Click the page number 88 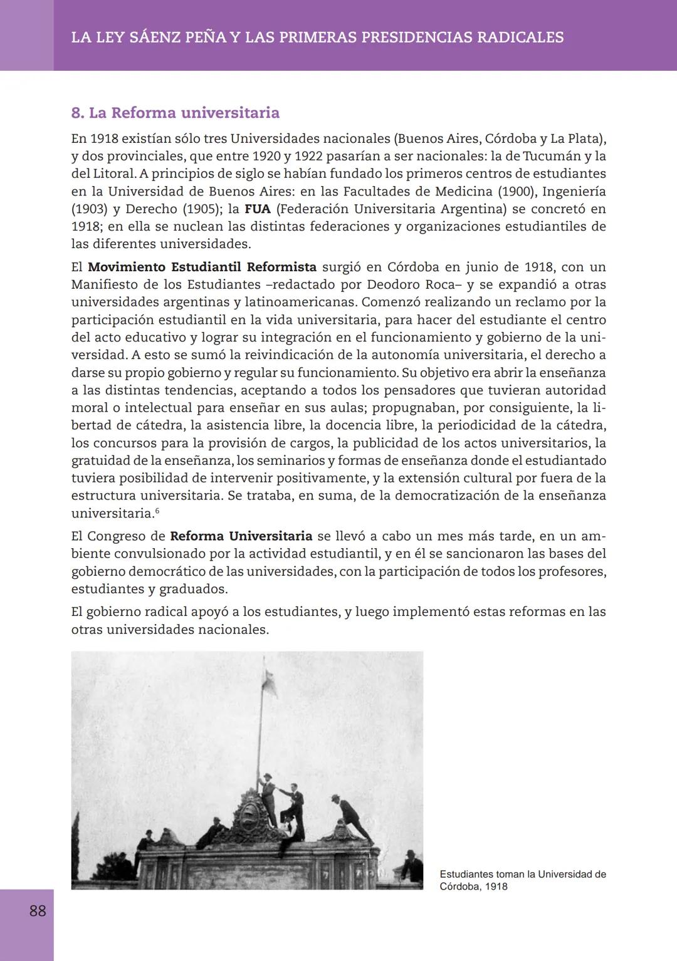pos(38,910)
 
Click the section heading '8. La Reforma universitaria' pos(175,113)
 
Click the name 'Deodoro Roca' pos(410,284)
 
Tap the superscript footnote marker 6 pos(157,511)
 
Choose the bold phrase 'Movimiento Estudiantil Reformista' pos(202,267)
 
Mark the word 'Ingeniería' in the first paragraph pos(574,191)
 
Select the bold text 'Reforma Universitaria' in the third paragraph pos(241,536)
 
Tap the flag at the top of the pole pos(271,677)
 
